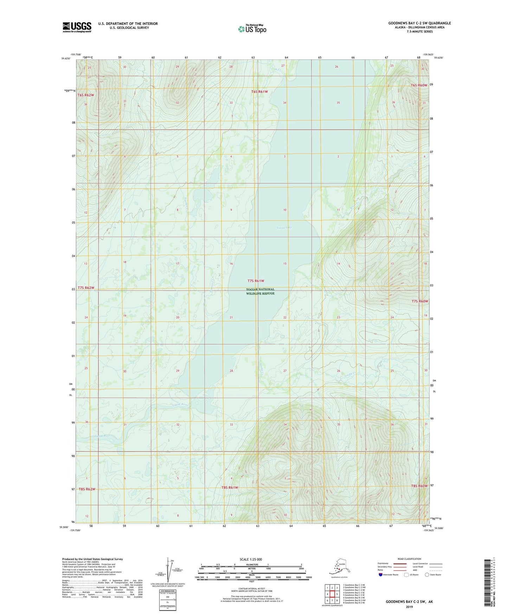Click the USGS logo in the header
click(x=77, y=27)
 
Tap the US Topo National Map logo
click(x=252, y=28)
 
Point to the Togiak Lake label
click(x=284, y=228)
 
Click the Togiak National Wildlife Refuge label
click(x=260, y=291)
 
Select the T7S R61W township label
click(x=256, y=281)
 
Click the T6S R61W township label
click(x=259, y=91)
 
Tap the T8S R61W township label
click(x=230, y=487)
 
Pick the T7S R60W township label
click(x=420, y=301)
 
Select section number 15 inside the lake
click(x=285, y=263)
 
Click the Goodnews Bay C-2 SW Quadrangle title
click(x=419, y=23)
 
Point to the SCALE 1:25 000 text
click(x=251, y=559)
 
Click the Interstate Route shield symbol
click(x=380, y=575)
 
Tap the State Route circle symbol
click(x=427, y=575)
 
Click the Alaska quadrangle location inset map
click(x=339, y=567)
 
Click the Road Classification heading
click(x=409, y=559)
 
